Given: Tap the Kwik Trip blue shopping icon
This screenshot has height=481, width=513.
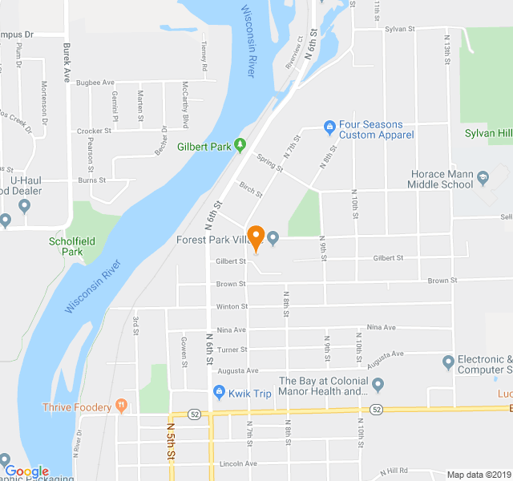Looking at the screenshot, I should click(x=218, y=392).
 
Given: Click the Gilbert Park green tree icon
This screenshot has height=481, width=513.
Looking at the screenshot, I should click(x=239, y=146).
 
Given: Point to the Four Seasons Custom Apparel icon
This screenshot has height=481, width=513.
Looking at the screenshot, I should click(x=329, y=126).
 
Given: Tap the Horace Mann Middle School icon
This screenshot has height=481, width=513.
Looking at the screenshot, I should click(x=483, y=175).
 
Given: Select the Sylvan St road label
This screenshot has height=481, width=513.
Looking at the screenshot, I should click(x=398, y=28).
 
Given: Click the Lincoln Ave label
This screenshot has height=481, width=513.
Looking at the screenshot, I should click(x=238, y=463).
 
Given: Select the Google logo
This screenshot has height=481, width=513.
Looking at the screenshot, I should click(x=26, y=471).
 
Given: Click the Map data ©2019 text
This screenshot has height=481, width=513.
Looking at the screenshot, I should click(x=479, y=475).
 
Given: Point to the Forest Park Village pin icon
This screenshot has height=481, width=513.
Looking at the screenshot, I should click(x=273, y=237).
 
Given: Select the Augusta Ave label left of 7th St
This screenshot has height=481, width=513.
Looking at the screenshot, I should click(x=238, y=370).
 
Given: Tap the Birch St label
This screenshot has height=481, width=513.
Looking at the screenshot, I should click(x=251, y=188).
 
